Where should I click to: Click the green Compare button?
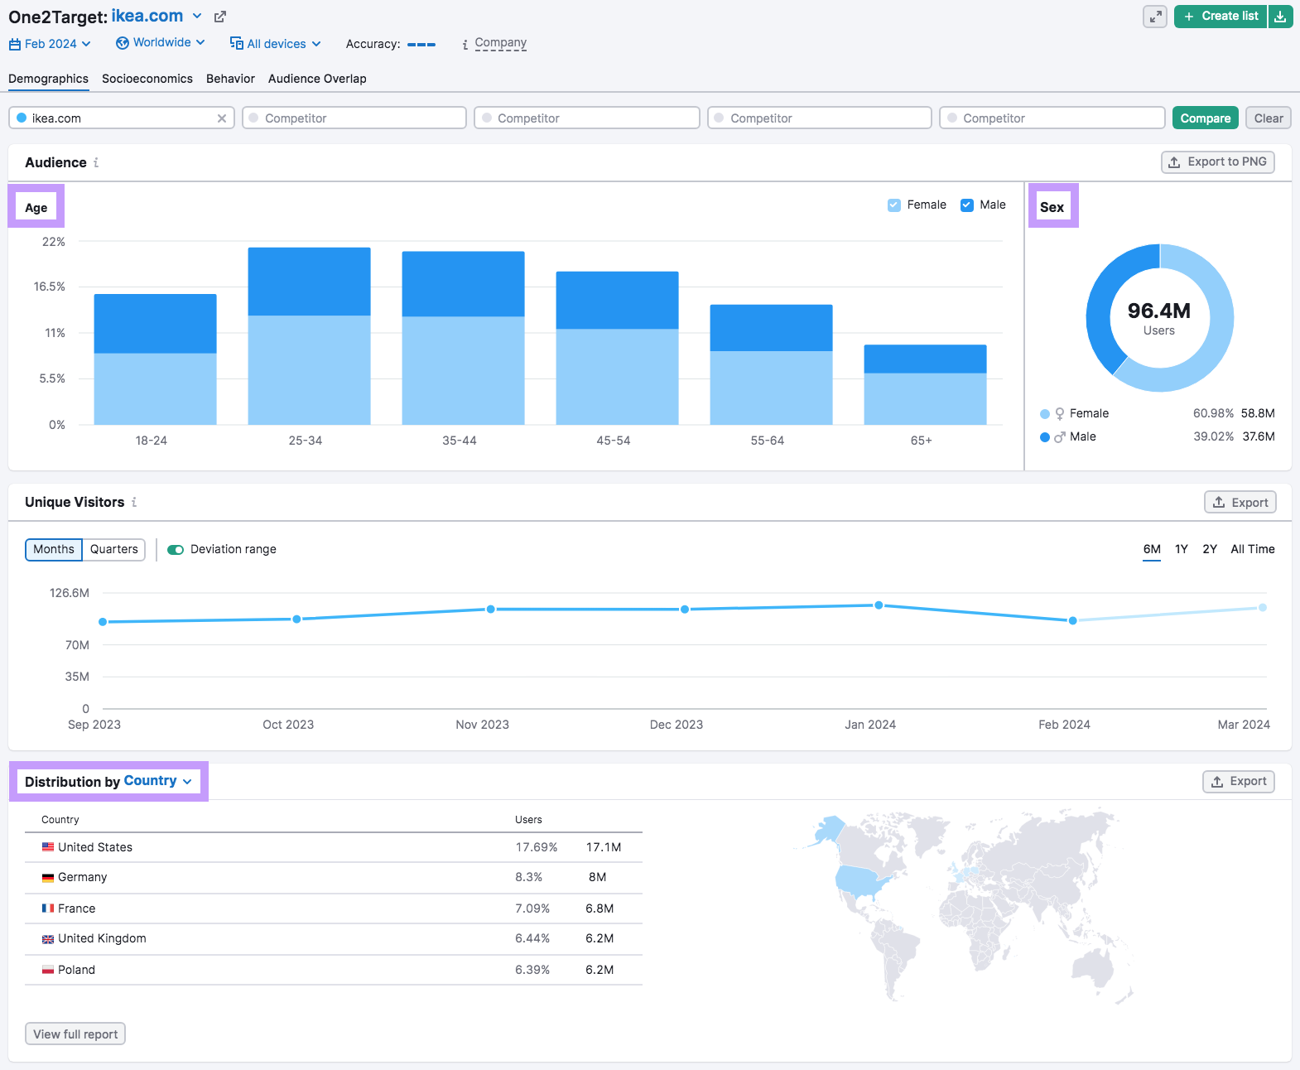click(x=1205, y=118)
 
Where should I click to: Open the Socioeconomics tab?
click(x=147, y=79)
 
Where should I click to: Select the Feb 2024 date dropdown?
click(x=50, y=44)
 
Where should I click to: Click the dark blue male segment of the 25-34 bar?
click(x=309, y=282)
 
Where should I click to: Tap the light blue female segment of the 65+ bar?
click(x=925, y=398)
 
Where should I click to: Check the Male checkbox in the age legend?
click(x=967, y=205)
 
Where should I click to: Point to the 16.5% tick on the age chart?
click(x=50, y=287)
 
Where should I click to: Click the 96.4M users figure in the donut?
click(x=1158, y=311)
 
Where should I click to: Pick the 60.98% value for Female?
click(x=1213, y=413)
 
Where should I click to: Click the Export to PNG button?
click(x=1217, y=162)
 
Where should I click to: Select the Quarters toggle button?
click(x=114, y=549)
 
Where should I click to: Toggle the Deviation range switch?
click(x=176, y=550)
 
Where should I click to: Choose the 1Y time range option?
click(x=1181, y=549)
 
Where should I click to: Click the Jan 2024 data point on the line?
click(x=879, y=605)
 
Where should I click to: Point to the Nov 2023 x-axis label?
click(x=482, y=725)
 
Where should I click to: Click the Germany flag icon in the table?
click(x=48, y=878)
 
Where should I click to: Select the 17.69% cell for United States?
click(x=536, y=847)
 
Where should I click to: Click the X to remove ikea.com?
click(x=222, y=118)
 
